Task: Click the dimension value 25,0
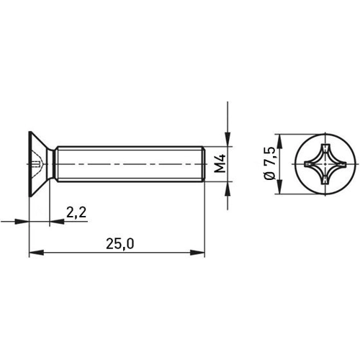point(120,243)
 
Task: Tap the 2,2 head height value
point(76,212)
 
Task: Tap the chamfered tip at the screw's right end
point(204,165)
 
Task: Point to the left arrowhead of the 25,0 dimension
point(34,253)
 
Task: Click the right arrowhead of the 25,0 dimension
point(200,253)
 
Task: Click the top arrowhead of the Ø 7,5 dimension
point(277,138)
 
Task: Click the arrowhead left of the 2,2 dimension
point(24,222)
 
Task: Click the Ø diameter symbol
point(270,178)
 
